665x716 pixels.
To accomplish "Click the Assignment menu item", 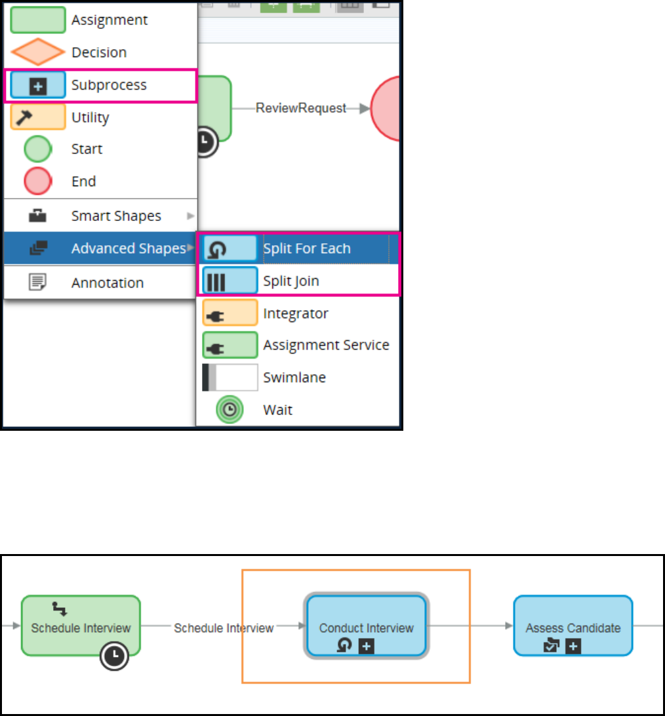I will click(x=109, y=20).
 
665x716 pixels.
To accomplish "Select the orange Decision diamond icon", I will click(x=37, y=52).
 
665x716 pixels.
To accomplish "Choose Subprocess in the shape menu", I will click(x=109, y=85).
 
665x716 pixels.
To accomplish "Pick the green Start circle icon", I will click(x=37, y=149).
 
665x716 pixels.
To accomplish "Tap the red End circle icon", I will click(x=37, y=182).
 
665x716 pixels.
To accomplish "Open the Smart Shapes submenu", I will click(x=116, y=216).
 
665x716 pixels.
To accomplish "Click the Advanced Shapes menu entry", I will click(x=129, y=249).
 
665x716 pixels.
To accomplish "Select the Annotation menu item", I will click(x=107, y=283).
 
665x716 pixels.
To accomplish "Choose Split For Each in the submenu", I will click(x=307, y=249).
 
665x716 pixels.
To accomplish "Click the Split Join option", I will click(x=291, y=281).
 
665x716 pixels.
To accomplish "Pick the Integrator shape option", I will click(x=296, y=313).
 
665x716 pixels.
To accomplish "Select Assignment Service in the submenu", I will click(x=326, y=345).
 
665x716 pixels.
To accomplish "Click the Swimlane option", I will click(x=294, y=378).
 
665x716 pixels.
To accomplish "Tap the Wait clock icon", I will click(x=230, y=410).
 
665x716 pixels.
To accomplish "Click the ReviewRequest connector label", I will click(x=301, y=109).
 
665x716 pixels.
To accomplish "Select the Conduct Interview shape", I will click(x=366, y=626).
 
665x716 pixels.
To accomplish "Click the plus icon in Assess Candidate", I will click(x=573, y=646).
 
